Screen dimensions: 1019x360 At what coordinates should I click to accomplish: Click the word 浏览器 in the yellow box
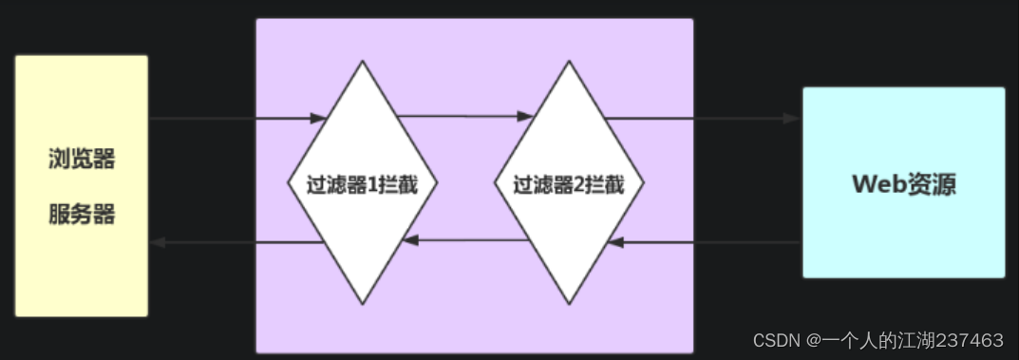(x=82, y=159)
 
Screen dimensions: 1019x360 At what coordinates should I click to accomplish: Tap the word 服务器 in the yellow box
(x=82, y=215)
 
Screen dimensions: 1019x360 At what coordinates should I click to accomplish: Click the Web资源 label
(x=903, y=183)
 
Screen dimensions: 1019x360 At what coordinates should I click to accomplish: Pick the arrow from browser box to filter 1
(x=237, y=119)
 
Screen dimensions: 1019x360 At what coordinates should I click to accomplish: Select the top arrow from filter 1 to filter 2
(x=465, y=116)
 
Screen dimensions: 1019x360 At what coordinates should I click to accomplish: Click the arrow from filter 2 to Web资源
(x=703, y=119)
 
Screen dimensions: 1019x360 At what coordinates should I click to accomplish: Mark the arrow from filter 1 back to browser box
(x=237, y=242)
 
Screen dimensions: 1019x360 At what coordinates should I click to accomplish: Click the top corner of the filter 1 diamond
(x=362, y=63)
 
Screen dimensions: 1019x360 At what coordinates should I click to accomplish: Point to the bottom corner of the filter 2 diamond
(x=569, y=303)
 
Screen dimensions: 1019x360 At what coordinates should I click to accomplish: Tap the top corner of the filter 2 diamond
(x=569, y=63)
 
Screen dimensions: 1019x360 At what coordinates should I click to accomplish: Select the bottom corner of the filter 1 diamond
(x=362, y=303)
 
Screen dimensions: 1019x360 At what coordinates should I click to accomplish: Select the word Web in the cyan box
(x=875, y=183)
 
